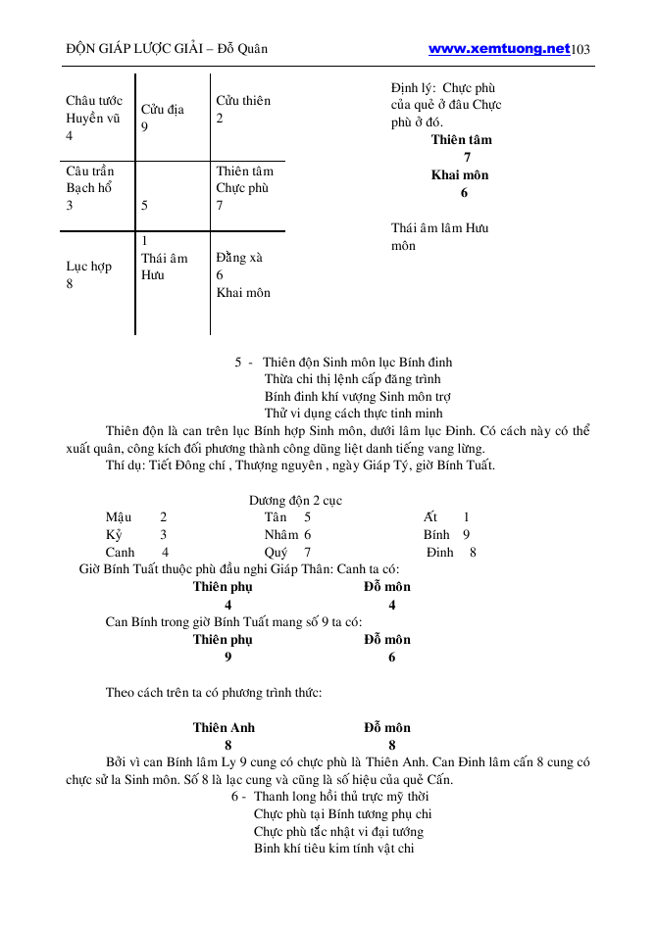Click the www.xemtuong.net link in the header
click(499, 48)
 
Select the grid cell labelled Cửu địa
click(163, 110)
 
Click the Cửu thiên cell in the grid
click(243, 101)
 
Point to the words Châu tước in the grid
click(93, 101)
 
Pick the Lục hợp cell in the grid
click(88, 267)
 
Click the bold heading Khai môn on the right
click(460, 175)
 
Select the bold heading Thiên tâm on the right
click(461, 139)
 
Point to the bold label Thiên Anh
click(224, 727)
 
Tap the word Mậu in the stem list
click(119, 516)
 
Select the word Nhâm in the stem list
click(281, 534)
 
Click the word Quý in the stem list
click(276, 552)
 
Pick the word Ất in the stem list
click(430, 516)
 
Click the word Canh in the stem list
click(121, 552)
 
